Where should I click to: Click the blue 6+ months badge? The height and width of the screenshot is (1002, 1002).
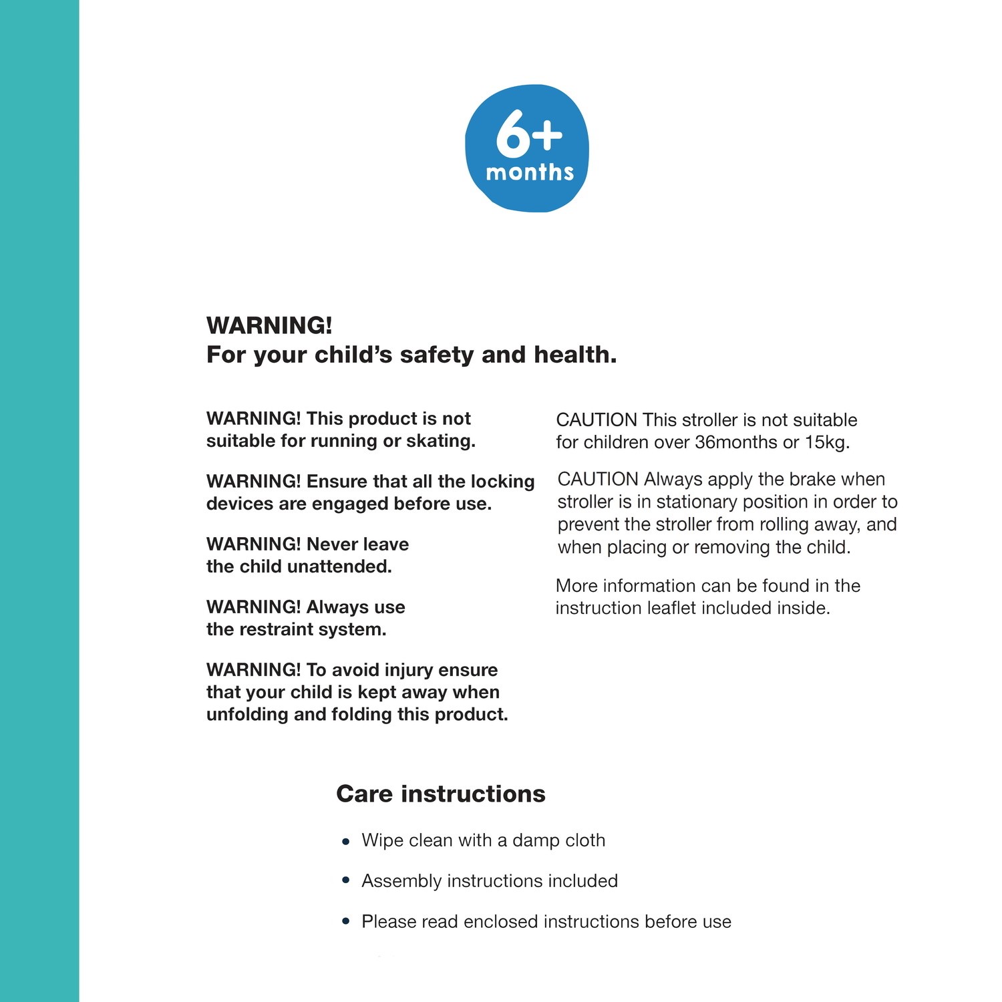[527, 148]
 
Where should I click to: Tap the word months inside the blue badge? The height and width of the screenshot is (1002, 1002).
[530, 172]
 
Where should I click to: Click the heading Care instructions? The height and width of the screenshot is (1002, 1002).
[441, 794]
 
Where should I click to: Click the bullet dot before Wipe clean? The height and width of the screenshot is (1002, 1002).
[345, 842]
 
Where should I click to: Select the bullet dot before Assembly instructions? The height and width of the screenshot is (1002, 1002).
[345, 881]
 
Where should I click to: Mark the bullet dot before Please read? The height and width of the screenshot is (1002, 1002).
[345, 922]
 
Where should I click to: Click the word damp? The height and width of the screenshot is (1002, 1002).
[532, 840]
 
